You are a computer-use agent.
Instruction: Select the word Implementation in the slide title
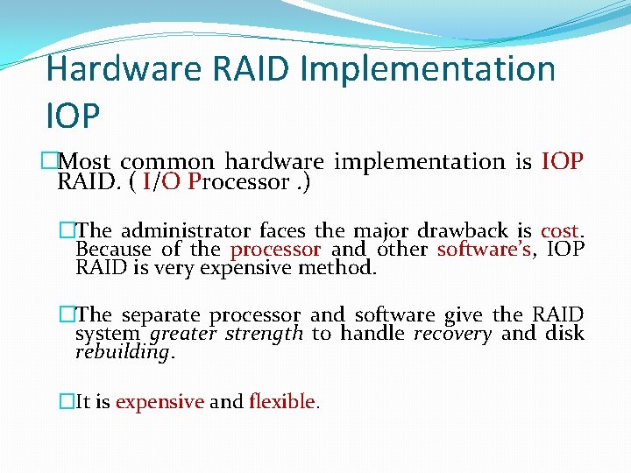tap(428, 69)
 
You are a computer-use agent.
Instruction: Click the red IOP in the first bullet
tap(563, 162)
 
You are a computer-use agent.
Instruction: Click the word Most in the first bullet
tap(86, 162)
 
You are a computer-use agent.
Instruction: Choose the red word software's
tap(485, 250)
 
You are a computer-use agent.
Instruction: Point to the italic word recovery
tap(452, 334)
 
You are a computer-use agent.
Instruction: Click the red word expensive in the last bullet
tap(160, 402)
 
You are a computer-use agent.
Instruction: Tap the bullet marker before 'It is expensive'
tap(67, 402)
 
